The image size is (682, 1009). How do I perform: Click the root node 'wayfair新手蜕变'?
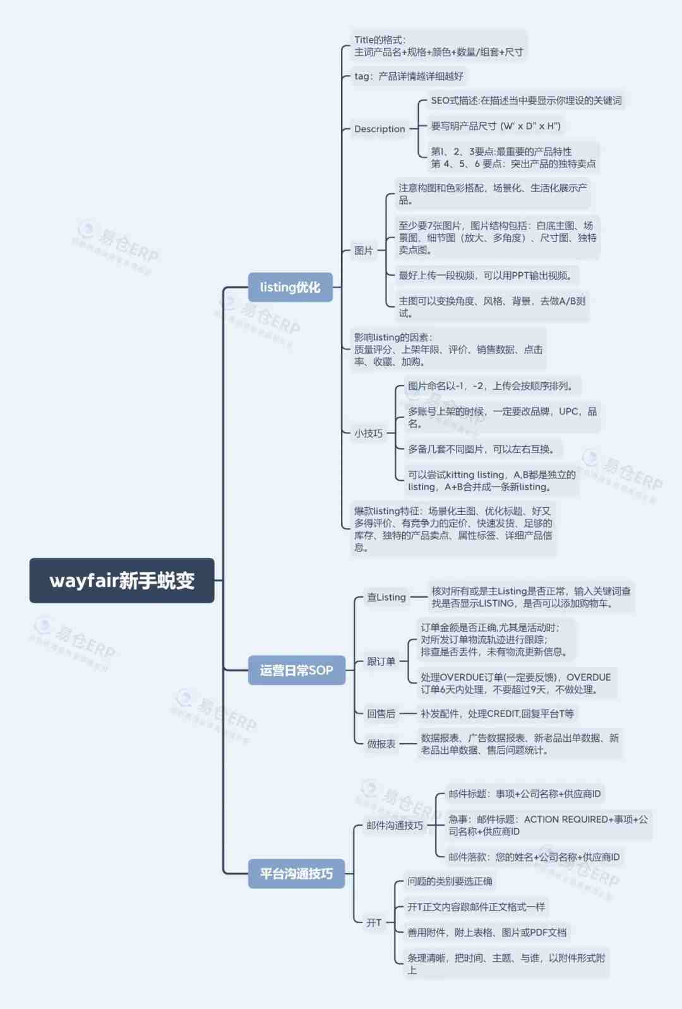121,580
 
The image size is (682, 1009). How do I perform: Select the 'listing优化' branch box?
290,287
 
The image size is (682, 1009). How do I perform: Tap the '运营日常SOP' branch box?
297,670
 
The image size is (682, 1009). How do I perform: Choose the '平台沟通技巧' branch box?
297,874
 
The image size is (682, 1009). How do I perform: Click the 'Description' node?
380,129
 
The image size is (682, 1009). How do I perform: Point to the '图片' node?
363,250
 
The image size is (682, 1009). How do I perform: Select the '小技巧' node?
368,433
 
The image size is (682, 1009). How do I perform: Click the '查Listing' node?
386,597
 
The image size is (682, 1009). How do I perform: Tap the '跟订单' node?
381,662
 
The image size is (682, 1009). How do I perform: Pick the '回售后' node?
381,713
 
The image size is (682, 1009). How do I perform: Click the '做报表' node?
381,744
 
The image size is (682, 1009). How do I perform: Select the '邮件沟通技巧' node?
395,825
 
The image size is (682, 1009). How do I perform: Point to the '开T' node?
374,922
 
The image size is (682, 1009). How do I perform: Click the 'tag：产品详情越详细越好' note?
409,76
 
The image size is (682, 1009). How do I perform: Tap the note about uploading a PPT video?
487,275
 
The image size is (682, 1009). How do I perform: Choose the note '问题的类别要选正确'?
450,881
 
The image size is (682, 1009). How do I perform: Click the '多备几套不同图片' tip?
482,449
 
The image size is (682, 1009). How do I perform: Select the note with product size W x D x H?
496,126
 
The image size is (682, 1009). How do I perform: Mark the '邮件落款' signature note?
534,857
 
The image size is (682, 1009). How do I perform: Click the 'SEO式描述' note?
526,100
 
